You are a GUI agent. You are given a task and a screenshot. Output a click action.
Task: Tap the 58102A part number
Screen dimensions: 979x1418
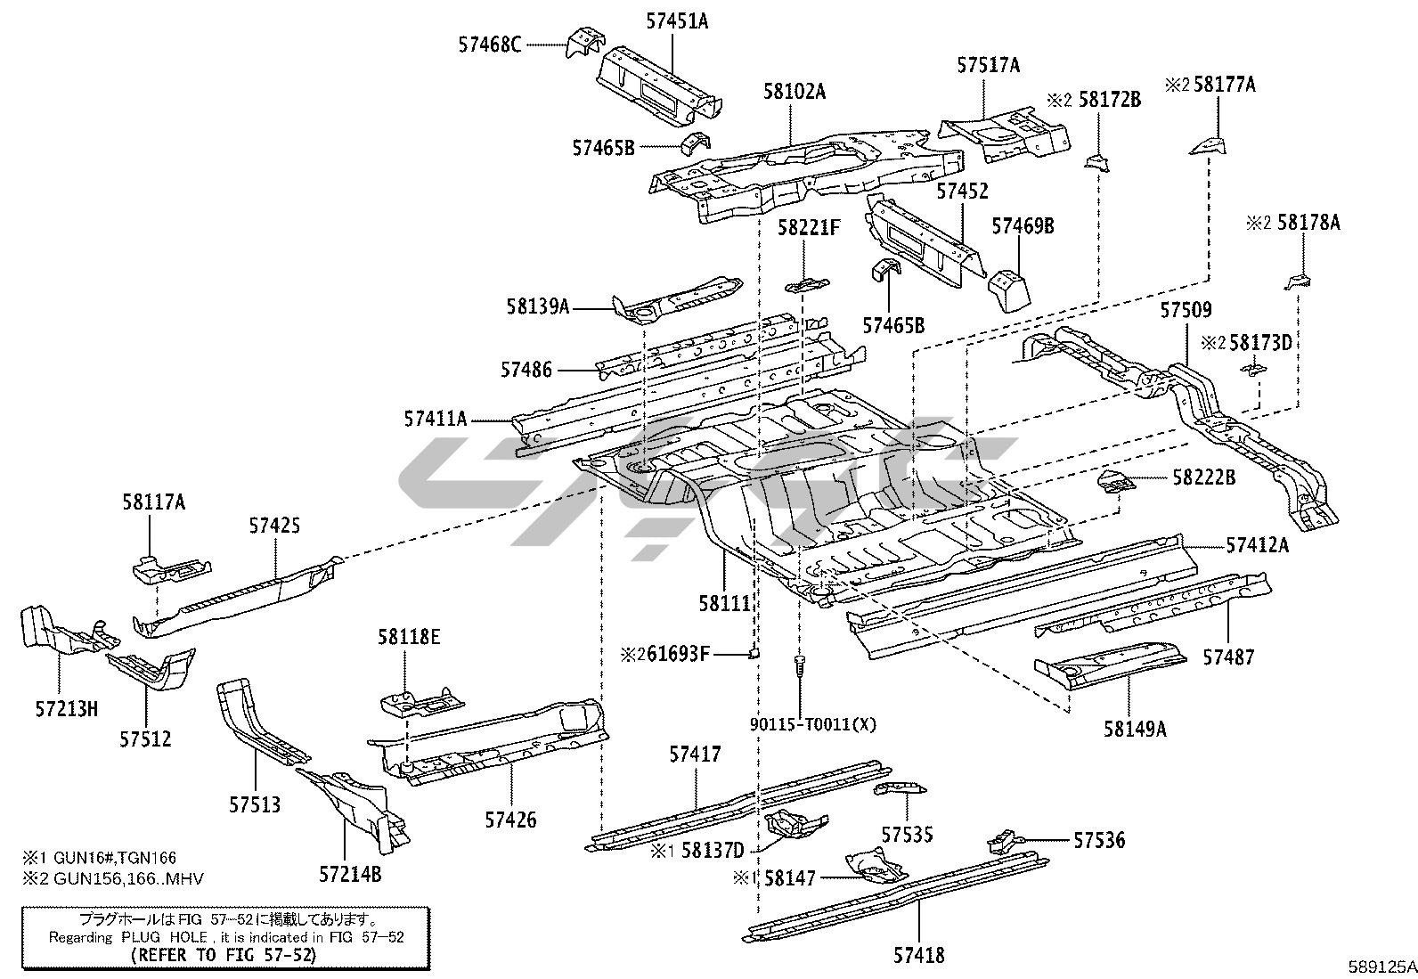[794, 91]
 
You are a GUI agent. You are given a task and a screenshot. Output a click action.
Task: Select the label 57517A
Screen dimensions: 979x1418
[989, 65]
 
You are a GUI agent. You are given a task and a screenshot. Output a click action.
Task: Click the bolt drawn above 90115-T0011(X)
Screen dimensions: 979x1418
[801, 664]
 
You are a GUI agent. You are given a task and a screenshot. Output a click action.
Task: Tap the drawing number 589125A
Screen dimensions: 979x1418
[1380, 966]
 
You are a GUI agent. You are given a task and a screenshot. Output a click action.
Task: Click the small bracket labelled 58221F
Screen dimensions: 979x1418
[806, 285]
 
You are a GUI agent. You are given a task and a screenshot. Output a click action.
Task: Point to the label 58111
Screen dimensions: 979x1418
[724, 603]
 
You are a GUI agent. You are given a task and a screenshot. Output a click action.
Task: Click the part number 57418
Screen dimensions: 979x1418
[918, 956]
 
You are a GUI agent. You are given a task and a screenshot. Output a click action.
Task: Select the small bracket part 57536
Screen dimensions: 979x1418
[1001, 839]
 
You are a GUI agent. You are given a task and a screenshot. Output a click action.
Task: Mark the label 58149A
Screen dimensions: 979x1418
[1135, 729]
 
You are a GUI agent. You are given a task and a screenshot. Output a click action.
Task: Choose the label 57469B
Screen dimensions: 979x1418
[1023, 227]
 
